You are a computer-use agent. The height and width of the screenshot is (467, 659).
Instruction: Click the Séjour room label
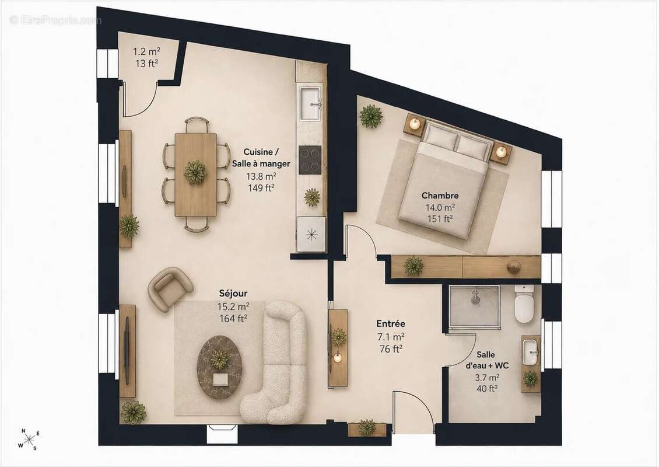(233, 293)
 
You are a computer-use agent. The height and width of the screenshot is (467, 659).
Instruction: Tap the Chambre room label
(440, 195)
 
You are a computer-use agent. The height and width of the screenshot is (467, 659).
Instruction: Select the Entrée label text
(391, 323)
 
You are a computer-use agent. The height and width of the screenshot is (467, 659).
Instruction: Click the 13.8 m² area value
(261, 176)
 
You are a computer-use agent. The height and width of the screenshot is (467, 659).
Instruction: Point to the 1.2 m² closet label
(147, 52)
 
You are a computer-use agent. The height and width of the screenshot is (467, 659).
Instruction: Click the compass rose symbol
(29, 440)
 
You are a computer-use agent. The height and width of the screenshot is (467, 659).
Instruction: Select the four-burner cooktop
(310, 160)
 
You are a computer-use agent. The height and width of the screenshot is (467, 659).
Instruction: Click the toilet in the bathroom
(524, 304)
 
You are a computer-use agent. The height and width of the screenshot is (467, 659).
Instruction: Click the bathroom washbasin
(531, 352)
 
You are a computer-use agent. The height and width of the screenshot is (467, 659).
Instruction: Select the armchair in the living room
(170, 288)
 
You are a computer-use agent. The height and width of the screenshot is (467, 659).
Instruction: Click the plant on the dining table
(195, 172)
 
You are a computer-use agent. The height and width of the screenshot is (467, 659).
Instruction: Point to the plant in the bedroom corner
(371, 116)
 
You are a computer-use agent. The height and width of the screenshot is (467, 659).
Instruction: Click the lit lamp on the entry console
(337, 358)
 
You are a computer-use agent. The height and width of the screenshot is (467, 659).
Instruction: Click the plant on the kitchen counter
(312, 197)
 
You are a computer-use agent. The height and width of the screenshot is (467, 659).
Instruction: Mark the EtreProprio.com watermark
(55, 20)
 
